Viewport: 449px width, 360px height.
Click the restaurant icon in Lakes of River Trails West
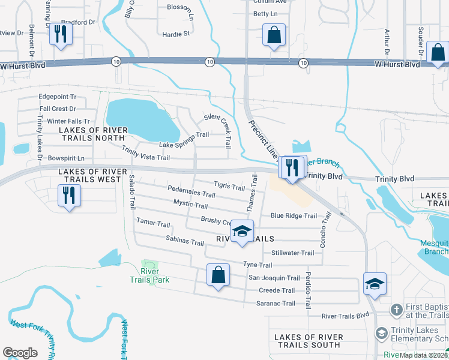click(68, 196)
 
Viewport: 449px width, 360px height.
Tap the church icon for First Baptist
click(396, 310)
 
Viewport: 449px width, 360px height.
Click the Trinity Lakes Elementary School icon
click(381, 332)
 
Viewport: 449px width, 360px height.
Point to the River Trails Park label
click(150, 275)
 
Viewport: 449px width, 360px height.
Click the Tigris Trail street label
click(229, 186)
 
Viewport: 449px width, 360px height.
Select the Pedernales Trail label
click(191, 194)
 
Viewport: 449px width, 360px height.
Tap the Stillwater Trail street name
click(292, 253)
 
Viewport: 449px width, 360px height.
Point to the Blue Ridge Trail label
click(294, 216)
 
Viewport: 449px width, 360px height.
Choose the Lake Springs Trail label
click(184, 145)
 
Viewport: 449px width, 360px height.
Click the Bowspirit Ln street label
click(66, 158)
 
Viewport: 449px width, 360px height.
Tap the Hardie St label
click(176, 34)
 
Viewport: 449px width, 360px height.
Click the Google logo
click(20, 353)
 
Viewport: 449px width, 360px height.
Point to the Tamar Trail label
click(153, 224)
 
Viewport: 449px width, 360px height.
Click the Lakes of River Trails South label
click(308, 340)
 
